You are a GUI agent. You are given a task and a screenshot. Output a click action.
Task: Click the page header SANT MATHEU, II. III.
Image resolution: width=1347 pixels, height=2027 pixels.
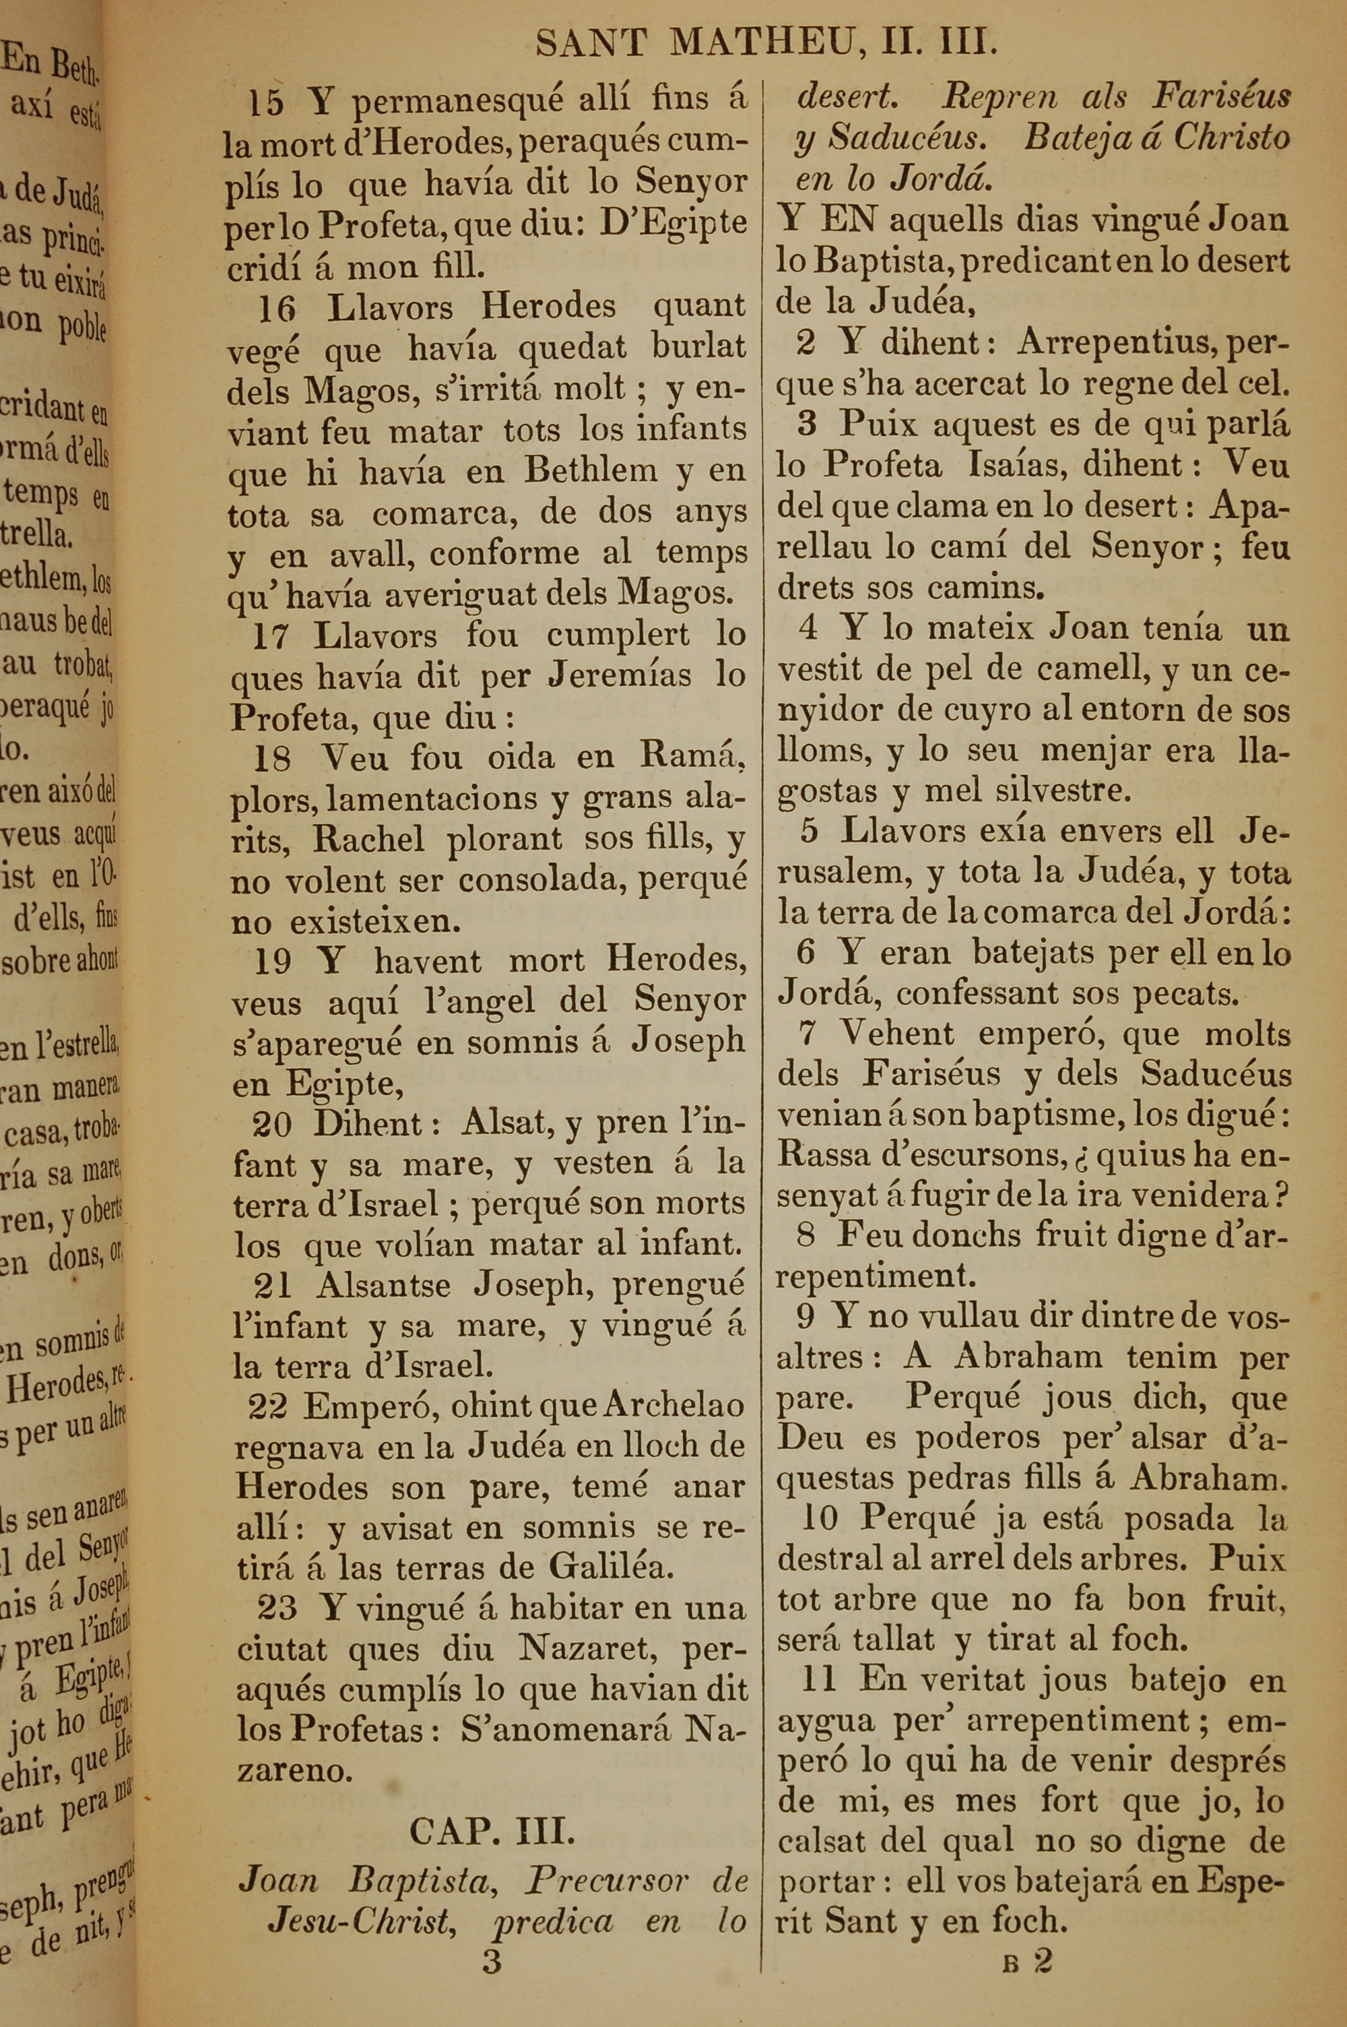766,43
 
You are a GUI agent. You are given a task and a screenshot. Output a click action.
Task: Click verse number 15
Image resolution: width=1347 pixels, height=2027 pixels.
265,104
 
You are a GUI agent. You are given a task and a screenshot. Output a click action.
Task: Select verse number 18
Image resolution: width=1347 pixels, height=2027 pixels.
271,759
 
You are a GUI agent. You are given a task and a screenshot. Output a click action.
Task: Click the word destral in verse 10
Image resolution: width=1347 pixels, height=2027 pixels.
824,1558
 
